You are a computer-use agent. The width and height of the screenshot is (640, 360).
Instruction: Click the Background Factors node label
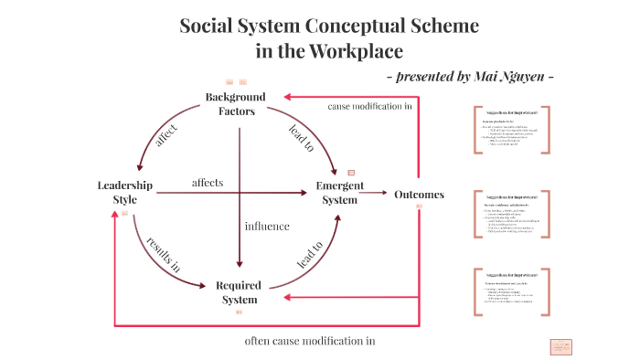236,104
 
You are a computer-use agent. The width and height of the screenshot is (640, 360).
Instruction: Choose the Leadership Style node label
124,192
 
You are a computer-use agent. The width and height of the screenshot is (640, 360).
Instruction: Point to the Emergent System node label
340,192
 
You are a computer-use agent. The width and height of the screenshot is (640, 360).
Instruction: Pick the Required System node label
239,292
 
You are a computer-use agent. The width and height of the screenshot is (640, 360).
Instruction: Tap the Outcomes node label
419,194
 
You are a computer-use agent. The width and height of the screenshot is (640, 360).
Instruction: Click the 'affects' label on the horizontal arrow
208,183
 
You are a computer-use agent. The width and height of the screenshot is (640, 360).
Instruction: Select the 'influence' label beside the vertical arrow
267,226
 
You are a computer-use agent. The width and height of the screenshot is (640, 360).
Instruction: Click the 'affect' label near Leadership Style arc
166,133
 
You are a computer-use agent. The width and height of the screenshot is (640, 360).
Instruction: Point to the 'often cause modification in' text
310,341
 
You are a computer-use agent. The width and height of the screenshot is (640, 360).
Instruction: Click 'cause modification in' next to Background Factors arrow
369,106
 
